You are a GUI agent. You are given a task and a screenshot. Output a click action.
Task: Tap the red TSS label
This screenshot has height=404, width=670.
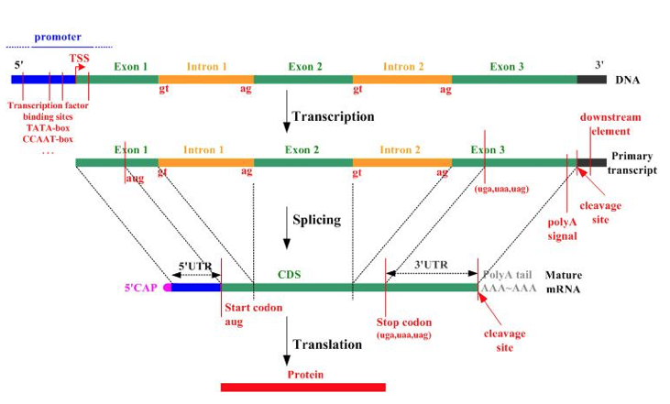80,60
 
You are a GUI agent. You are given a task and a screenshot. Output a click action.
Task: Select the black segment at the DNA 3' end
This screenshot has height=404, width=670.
591,80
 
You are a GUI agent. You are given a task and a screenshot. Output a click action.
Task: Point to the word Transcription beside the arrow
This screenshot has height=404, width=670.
335,117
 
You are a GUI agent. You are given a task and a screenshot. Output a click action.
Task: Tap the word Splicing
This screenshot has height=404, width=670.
317,220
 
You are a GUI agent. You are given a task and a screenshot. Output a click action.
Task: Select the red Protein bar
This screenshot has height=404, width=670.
302,387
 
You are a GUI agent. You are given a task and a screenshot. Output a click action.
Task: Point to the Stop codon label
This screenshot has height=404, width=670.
404,323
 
